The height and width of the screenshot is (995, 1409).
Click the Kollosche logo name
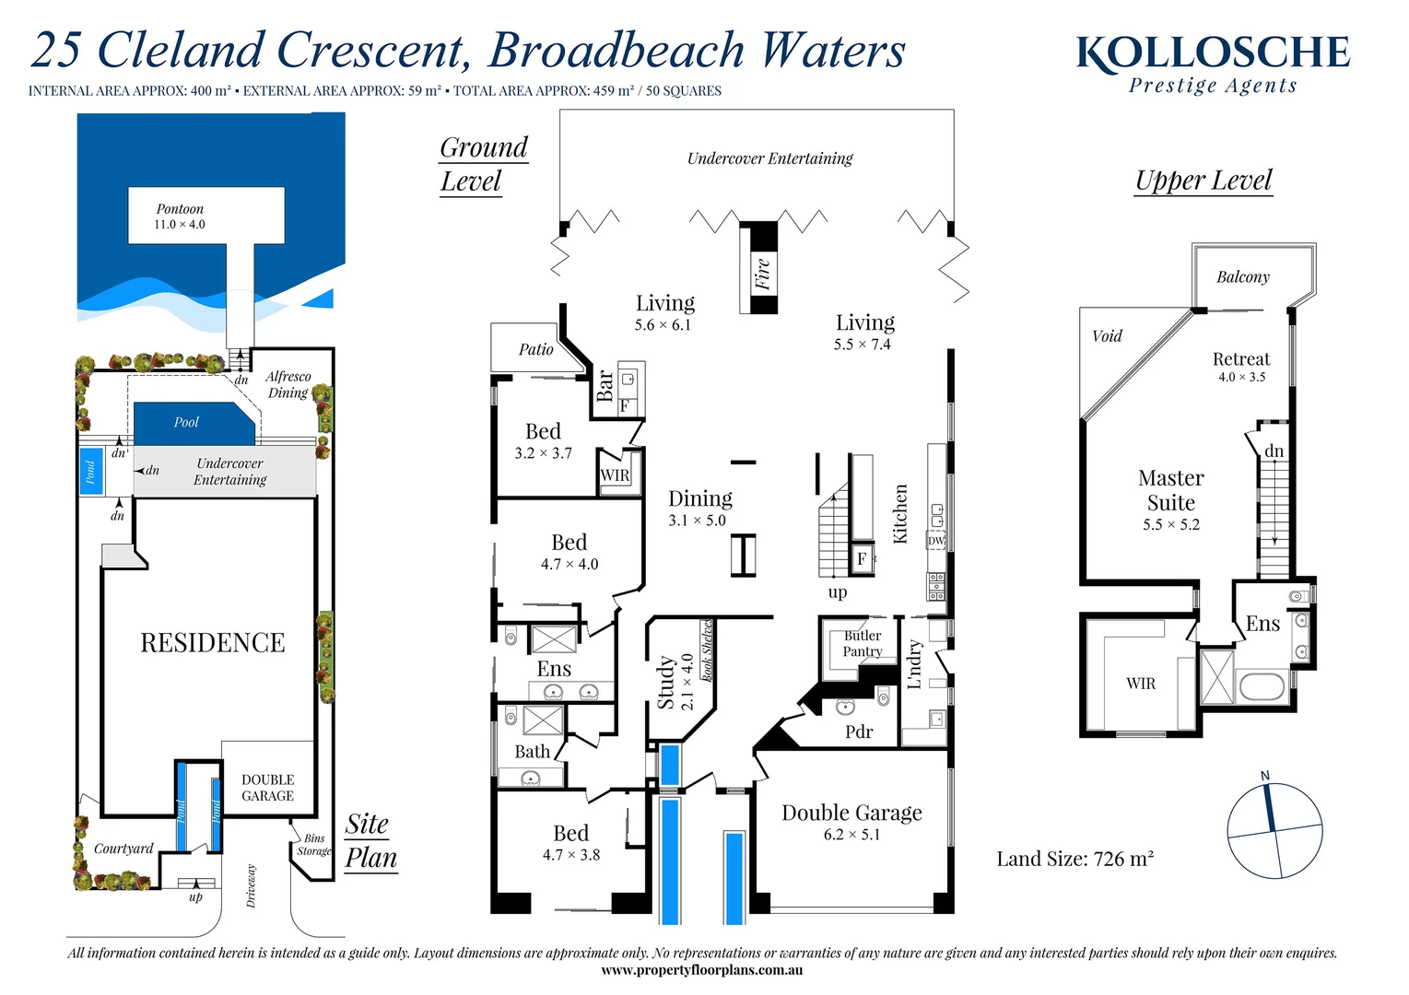1212,53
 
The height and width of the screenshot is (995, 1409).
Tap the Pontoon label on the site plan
180,209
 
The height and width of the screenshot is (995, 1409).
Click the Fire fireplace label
762,274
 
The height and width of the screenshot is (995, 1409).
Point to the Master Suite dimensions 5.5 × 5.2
1170,525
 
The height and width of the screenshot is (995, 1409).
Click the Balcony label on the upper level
1242,277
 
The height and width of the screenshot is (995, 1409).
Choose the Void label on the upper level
1107,336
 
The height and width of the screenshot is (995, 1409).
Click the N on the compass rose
1265,776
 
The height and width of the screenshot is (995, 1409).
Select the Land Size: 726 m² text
1074,860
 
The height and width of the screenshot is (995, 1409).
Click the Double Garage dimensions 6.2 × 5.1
851,835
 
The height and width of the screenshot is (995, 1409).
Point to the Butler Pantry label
863,643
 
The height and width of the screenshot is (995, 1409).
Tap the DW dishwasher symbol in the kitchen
936,541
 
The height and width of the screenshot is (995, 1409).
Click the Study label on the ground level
665,683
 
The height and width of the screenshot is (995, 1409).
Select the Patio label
535,350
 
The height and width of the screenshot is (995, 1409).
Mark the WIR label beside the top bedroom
615,475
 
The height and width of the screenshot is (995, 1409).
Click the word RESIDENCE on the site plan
212,643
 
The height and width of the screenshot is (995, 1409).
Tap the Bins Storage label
314,845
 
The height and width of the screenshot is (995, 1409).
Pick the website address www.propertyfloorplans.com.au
701,970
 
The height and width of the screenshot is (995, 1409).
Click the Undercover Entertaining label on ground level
769,158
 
